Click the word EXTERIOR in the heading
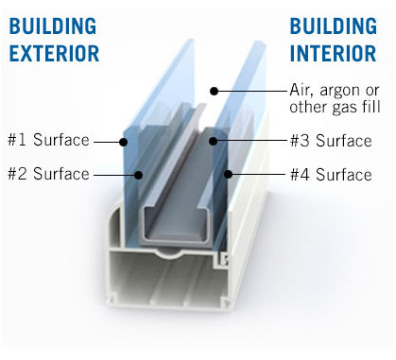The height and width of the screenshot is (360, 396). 54,53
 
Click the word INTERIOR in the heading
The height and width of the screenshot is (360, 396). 333,53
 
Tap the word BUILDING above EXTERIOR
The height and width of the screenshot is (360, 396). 53,26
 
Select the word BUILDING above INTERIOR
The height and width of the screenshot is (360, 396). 334,26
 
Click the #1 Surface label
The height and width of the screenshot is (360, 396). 48,140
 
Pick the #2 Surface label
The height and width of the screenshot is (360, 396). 48,174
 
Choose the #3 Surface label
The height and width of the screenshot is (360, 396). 331,141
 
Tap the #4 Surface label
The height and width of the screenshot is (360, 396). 331,175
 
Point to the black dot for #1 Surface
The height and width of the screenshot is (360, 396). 123,142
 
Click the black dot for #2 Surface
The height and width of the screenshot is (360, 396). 138,175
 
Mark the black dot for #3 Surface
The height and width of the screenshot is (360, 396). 214,141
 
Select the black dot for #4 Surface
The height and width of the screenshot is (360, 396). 229,174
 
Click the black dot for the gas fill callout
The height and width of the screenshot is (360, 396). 215,92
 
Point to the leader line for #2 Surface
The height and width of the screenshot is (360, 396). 114,175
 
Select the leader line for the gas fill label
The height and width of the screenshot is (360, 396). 253,92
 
